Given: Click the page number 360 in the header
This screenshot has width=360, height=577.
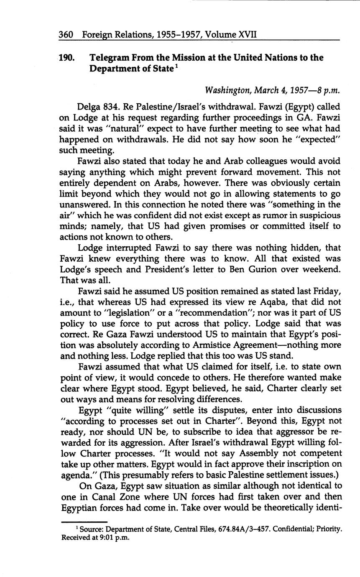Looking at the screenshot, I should [66, 34].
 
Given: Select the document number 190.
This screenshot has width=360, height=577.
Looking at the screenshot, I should [67, 58].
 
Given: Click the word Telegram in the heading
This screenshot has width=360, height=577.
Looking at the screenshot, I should [110, 58].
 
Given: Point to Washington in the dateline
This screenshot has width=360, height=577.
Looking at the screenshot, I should [224, 90].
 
